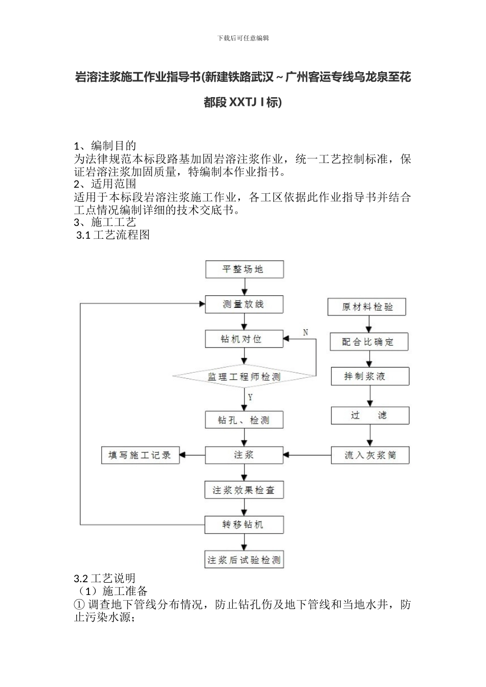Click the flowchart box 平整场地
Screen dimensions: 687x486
[x=244, y=269]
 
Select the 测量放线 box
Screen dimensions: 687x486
[x=244, y=304]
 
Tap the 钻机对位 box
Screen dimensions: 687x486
[x=244, y=339]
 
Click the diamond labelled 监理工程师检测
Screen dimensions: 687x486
[x=244, y=377]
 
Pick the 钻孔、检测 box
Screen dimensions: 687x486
[x=244, y=420]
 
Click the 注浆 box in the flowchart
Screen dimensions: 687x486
[x=244, y=455]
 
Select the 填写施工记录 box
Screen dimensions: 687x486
[x=141, y=455]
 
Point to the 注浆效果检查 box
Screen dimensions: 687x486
[x=244, y=490]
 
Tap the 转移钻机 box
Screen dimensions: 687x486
[x=244, y=524]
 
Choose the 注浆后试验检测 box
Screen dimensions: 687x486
[x=244, y=560]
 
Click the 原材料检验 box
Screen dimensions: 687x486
[x=368, y=307]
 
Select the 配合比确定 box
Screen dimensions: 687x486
[x=368, y=342]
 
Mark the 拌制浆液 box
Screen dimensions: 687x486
[x=370, y=376]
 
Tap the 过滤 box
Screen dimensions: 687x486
[x=370, y=416]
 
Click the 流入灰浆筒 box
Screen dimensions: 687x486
[x=370, y=455]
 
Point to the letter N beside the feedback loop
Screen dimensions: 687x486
[x=305, y=333]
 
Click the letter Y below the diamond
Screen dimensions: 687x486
[x=250, y=397]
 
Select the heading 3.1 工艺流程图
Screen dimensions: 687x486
[x=113, y=235]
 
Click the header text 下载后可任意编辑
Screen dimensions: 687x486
[x=243, y=38]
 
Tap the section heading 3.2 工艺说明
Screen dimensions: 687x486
[x=105, y=578]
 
